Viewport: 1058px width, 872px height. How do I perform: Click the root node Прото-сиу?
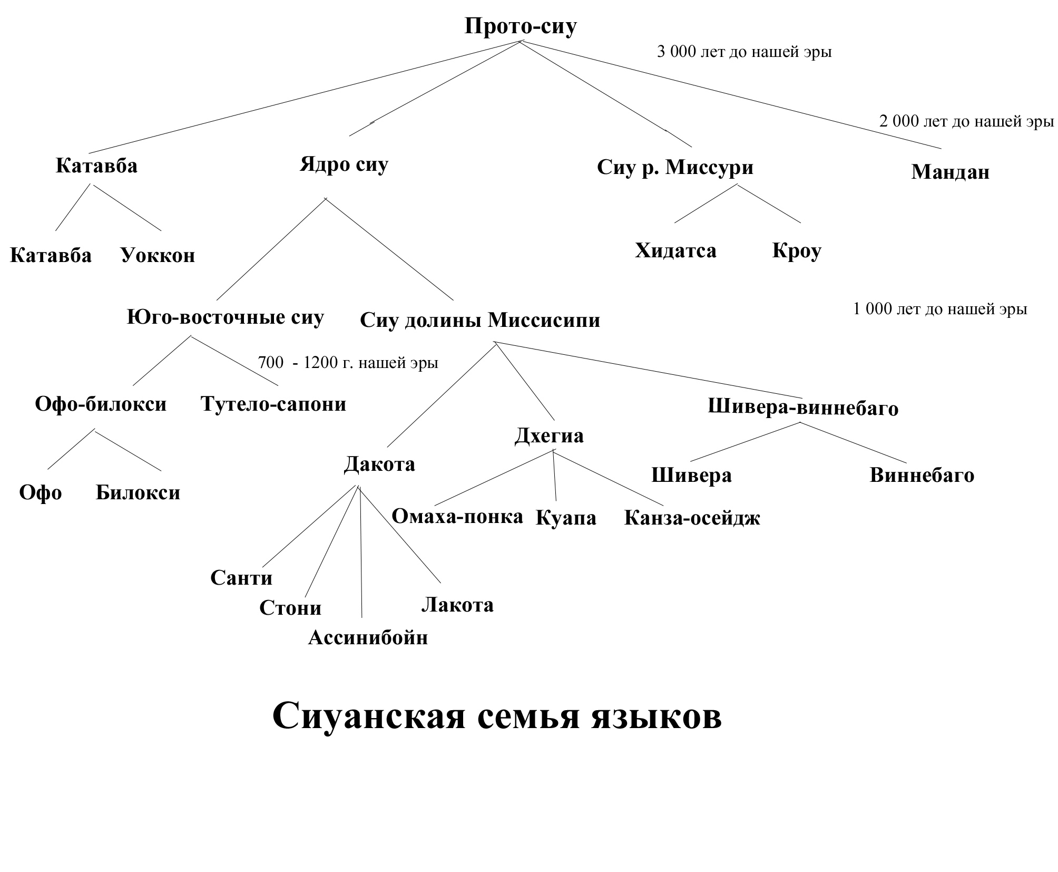coord(520,26)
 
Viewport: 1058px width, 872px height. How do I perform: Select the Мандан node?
coord(950,172)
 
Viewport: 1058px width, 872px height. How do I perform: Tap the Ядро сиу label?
coord(344,164)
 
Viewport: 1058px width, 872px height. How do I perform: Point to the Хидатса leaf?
coord(675,250)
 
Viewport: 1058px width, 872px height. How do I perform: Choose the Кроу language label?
coord(796,250)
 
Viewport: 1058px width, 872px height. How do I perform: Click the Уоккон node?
coord(158,255)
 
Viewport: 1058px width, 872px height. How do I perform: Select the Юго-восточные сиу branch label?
coord(225,317)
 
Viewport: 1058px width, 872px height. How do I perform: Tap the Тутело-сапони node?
coord(273,404)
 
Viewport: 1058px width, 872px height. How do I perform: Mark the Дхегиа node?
coord(549,436)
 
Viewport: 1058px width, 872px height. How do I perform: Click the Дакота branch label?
coord(379,464)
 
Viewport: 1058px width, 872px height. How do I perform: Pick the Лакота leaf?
coord(457,605)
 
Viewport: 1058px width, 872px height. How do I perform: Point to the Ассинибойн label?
coord(368,638)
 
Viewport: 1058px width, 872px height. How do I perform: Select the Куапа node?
coord(566,518)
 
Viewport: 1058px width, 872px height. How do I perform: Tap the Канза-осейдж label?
coord(692,518)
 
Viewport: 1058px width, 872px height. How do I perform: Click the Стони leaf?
coord(290,608)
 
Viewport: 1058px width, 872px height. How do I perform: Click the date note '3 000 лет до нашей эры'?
coord(744,52)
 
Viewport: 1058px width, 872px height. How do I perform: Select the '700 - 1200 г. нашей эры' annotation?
coord(348,363)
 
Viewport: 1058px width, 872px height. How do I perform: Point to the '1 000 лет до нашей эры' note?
coord(940,309)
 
